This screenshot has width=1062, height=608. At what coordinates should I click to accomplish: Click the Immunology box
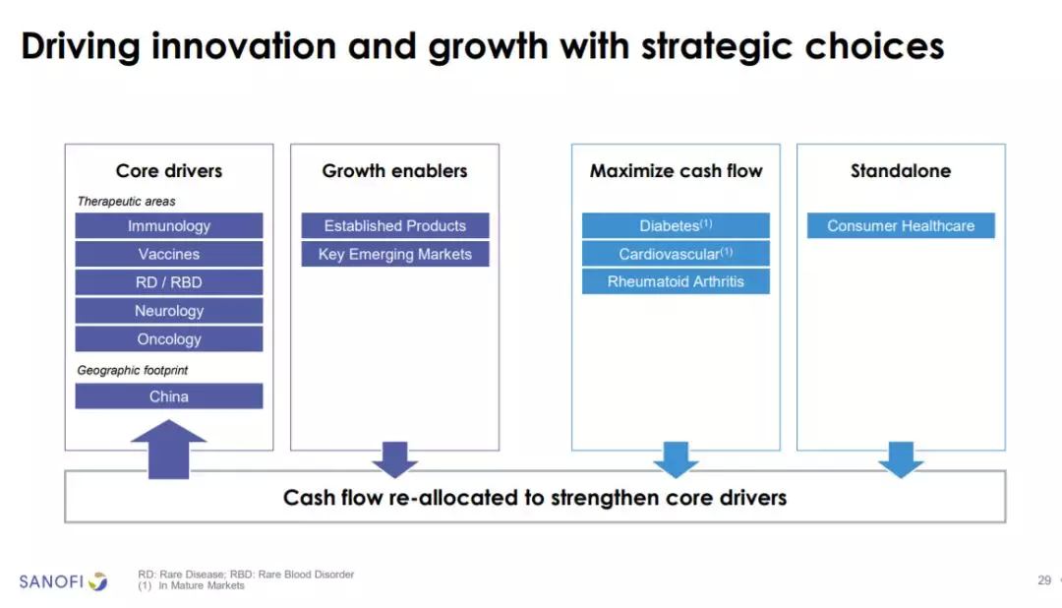169,225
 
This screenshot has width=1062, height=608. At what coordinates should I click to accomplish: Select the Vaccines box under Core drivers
169,254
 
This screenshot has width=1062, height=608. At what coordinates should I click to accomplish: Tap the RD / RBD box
169,282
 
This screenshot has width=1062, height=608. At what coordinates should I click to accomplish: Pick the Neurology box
169,311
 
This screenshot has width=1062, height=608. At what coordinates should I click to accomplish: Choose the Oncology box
169,338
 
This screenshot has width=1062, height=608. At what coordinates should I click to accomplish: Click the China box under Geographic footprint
169,396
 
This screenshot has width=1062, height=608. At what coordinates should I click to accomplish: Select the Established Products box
395,225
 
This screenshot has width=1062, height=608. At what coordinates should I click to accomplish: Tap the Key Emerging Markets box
395,254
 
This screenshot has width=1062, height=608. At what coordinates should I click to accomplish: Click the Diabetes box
676,225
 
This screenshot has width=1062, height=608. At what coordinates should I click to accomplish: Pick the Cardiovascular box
676,254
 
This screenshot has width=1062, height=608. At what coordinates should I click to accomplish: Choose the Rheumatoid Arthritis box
676,281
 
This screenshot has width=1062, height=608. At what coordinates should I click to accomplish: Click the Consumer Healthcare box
901,225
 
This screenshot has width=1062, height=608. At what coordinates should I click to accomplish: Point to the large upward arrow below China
169,450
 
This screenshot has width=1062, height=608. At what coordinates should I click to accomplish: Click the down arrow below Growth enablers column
395,459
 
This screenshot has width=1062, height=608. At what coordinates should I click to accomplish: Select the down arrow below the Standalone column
901,459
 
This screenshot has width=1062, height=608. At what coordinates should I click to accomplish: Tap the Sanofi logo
63,581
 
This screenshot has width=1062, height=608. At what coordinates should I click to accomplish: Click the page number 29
1044,580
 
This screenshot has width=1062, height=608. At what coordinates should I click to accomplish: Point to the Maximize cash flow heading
676,171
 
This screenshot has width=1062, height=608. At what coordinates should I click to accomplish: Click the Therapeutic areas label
126,202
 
